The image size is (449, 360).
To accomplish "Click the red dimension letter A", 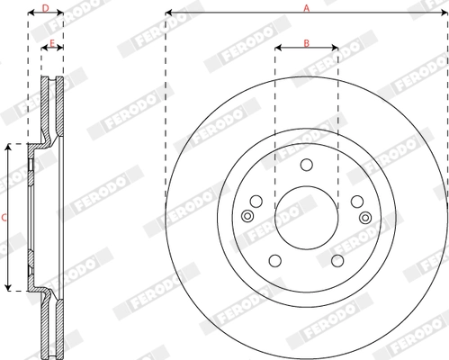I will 306,7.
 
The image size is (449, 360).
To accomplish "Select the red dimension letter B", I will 306,42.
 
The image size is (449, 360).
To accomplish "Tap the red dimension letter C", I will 4,217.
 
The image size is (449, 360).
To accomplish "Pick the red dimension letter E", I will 53,42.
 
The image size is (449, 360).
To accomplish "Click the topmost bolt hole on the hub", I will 306,164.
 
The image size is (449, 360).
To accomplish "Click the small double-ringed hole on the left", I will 247,217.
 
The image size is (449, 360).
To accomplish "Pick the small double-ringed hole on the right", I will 364,217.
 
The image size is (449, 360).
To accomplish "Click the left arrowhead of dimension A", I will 168,14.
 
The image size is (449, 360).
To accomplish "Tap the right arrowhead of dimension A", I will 444,14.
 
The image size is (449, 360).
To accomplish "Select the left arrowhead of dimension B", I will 277,49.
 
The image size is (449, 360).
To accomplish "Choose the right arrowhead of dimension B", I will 335,49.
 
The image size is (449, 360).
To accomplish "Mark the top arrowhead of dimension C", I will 12,146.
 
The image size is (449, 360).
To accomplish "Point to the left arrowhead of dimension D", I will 31,14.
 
